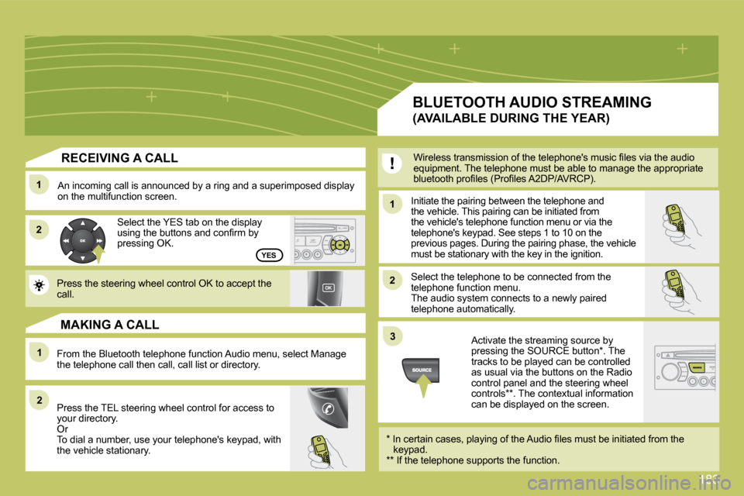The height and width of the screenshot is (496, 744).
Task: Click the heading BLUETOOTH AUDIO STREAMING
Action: [532, 102]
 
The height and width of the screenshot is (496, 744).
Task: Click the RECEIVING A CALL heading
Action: [119, 158]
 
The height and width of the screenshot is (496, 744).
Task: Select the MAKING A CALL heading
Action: [109, 325]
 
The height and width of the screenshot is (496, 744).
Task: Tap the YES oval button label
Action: [269, 255]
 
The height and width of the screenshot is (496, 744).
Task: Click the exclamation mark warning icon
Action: [392, 164]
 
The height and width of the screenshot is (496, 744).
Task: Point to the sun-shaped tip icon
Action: [39, 285]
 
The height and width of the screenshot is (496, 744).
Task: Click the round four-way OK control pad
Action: [83, 241]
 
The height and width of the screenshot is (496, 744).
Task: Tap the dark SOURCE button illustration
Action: [420, 370]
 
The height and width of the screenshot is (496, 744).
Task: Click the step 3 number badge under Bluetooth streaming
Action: [392, 336]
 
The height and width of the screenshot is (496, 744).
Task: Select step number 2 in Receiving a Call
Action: [39, 229]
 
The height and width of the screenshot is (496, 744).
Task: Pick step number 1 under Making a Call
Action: [40, 353]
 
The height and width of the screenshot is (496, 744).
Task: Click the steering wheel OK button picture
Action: [325, 288]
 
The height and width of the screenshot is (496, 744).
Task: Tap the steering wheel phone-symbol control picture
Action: [327, 408]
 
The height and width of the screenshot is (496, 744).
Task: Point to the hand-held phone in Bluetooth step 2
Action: [681, 291]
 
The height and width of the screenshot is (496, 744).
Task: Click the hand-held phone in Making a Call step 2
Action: [326, 451]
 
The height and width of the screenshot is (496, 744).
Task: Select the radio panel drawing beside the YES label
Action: [325, 241]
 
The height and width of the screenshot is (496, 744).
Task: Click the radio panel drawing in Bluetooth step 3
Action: [684, 369]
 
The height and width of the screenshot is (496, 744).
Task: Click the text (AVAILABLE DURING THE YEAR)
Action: [511, 119]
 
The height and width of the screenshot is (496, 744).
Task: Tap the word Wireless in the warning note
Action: [432, 157]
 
